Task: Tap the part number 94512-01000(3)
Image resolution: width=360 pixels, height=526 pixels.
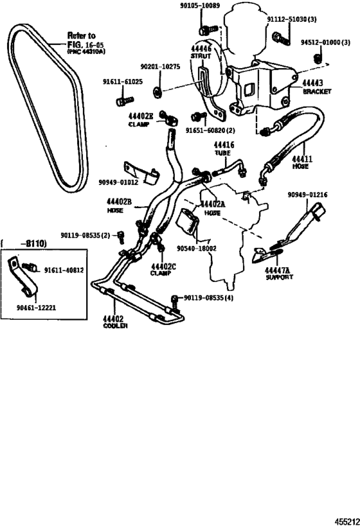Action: (325, 42)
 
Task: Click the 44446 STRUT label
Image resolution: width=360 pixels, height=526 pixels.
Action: (201, 51)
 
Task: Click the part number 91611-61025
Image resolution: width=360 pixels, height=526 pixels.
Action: (124, 82)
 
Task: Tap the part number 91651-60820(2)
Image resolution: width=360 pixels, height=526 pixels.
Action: (212, 130)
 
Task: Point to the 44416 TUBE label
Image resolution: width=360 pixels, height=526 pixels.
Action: (225, 150)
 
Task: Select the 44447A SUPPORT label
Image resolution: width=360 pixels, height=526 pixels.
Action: (279, 274)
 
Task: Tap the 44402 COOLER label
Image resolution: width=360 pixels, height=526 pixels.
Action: (116, 321)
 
